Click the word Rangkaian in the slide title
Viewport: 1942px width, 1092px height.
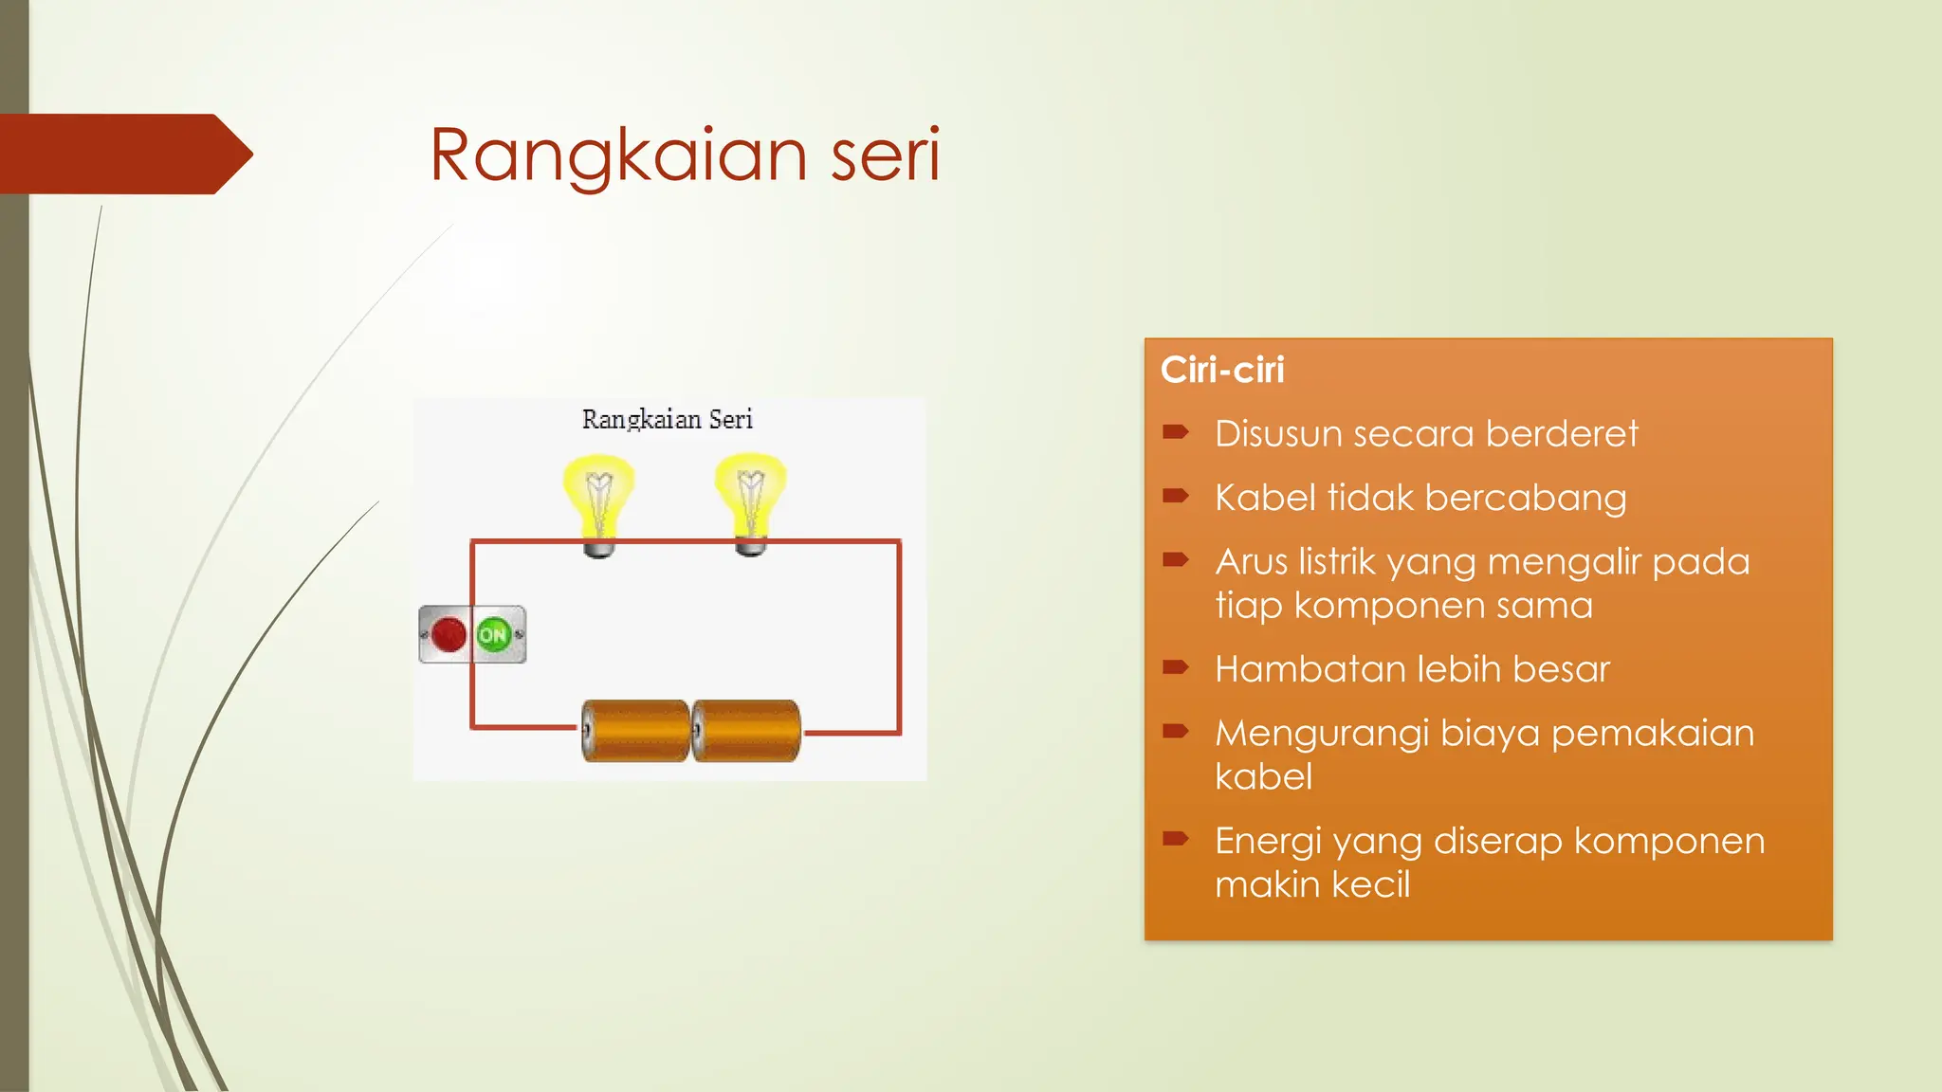point(618,155)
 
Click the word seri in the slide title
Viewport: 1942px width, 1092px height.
point(886,155)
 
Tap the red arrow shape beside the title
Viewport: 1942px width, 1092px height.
point(123,154)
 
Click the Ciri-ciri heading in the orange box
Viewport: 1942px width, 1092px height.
point(1222,370)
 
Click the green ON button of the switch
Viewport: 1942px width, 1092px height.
point(494,634)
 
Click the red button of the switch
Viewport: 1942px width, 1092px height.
point(448,634)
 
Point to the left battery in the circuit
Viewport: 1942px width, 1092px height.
point(634,731)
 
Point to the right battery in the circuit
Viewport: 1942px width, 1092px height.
point(747,731)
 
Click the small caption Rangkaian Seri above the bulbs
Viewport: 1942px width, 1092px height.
point(667,419)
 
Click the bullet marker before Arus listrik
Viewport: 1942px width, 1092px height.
point(1176,559)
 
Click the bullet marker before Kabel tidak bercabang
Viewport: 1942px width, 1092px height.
point(1176,496)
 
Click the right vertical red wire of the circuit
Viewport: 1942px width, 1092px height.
point(899,635)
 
